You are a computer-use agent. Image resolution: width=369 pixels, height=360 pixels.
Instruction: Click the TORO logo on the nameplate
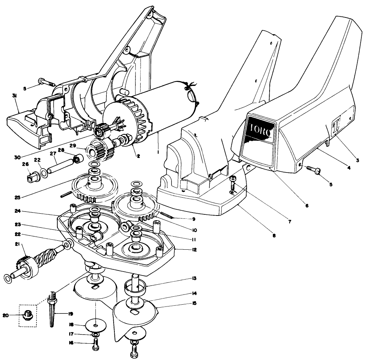(x=260, y=131)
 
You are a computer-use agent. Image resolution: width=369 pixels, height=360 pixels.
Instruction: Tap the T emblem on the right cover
(x=336, y=127)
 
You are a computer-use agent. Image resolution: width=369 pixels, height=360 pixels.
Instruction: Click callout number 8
(x=274, y=236)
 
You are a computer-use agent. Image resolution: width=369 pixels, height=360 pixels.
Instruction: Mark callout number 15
(x=195, y=303)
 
